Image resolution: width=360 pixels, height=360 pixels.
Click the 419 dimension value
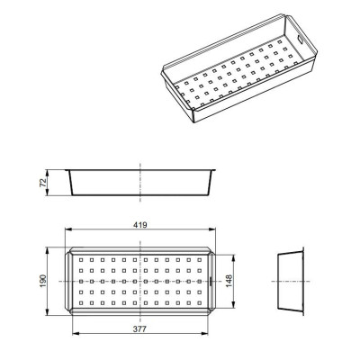pos(140,225)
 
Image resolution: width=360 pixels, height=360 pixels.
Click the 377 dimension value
pos(139,329)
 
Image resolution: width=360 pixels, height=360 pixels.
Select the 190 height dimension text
pos(43,281)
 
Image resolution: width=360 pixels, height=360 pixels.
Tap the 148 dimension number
pos(229,281)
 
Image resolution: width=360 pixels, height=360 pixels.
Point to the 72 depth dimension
pos(43,183)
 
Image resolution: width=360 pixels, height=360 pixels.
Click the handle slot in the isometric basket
pos(301,40)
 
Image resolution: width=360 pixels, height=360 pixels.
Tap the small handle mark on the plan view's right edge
pos(211,281)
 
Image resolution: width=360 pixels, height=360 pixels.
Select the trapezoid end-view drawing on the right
pos(291,281)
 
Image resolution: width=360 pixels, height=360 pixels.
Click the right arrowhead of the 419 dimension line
pos(212,229)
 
